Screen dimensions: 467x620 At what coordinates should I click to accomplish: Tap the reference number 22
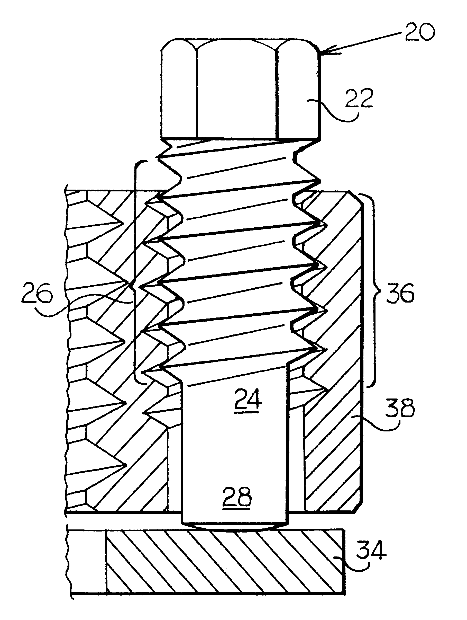(359, 99)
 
